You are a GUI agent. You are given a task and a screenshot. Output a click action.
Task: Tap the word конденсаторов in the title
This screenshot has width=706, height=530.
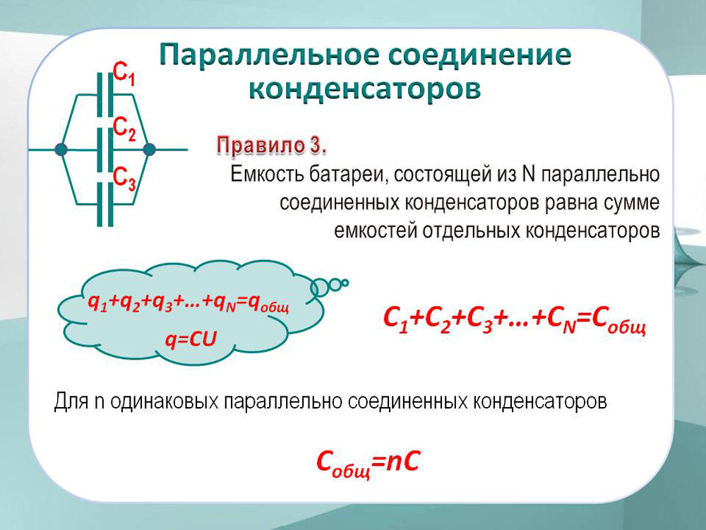pyautogui.click(x=365, y=88)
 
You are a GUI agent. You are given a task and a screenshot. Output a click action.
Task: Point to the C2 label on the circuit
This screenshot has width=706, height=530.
pyautogui.click(x=124, y=128)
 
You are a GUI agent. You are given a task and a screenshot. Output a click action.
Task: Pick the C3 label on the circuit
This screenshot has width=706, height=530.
pyautogui.click(x=124, y=178)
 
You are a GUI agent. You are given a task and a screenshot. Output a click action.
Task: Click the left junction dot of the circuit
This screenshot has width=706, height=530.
pyautogui.click(x=61, y=149)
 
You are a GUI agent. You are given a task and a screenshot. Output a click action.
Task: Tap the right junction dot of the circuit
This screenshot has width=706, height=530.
pyautogui.click(x=148, y=149)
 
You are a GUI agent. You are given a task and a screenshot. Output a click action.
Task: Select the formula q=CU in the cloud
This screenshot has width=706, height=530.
pyautogui.click(x=191, y=339)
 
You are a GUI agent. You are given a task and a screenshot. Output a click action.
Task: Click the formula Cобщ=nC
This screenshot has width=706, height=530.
pyautogui.click(x=368, y=463)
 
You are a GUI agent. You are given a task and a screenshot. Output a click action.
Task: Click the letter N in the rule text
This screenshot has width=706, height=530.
pyautogui.click(x=529, y=174)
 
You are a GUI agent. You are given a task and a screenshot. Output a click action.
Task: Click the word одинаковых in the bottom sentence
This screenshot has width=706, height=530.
pyautogui.click(x=163, y=401)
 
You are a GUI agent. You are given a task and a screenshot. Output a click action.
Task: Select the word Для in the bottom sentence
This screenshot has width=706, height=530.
pyautogui.click(x=71, y=401)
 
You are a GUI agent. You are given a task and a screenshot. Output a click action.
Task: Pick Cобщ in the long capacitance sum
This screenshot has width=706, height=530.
pyautogui.click(x=619, y=321)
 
